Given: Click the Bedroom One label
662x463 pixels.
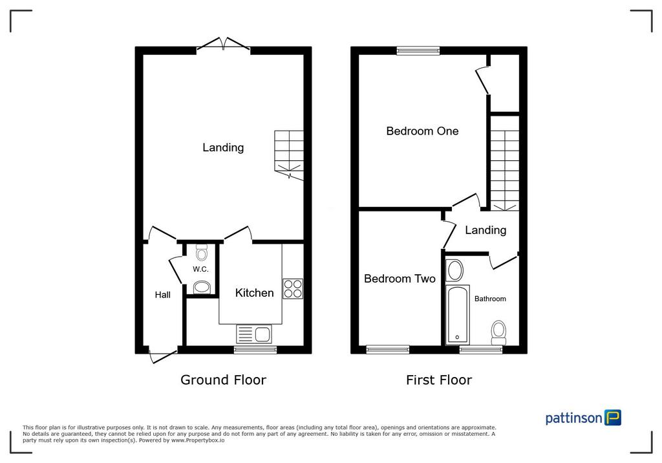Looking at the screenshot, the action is point(422,131).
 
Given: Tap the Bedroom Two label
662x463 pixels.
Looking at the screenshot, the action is point(400,279).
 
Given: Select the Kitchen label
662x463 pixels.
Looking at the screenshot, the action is point(254,293).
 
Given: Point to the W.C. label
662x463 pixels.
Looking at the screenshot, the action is point(200,269).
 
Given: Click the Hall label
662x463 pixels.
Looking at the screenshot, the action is point(162,295).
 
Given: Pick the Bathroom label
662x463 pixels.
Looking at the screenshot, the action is point(490,299).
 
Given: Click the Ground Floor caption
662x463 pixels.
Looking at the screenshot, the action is point(223,380).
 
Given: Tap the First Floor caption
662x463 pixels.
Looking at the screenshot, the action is point(439,380).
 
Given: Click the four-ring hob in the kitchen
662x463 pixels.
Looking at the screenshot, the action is point(293,289).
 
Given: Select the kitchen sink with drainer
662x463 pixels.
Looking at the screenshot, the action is point(254,334).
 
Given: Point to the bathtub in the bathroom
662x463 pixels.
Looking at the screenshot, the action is point(458,315).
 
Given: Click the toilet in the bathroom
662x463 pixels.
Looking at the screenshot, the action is point(498,333).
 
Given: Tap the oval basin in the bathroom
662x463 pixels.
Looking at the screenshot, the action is point(454,270).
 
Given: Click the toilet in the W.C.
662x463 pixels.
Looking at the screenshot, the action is point(202,253).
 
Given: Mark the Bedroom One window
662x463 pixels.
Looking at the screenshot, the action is point(418,51).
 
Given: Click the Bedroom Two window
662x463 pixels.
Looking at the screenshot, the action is point(388,349).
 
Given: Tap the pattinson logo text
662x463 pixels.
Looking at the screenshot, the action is point(574,418).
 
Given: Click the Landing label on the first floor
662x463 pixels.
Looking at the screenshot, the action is point(486,230).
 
